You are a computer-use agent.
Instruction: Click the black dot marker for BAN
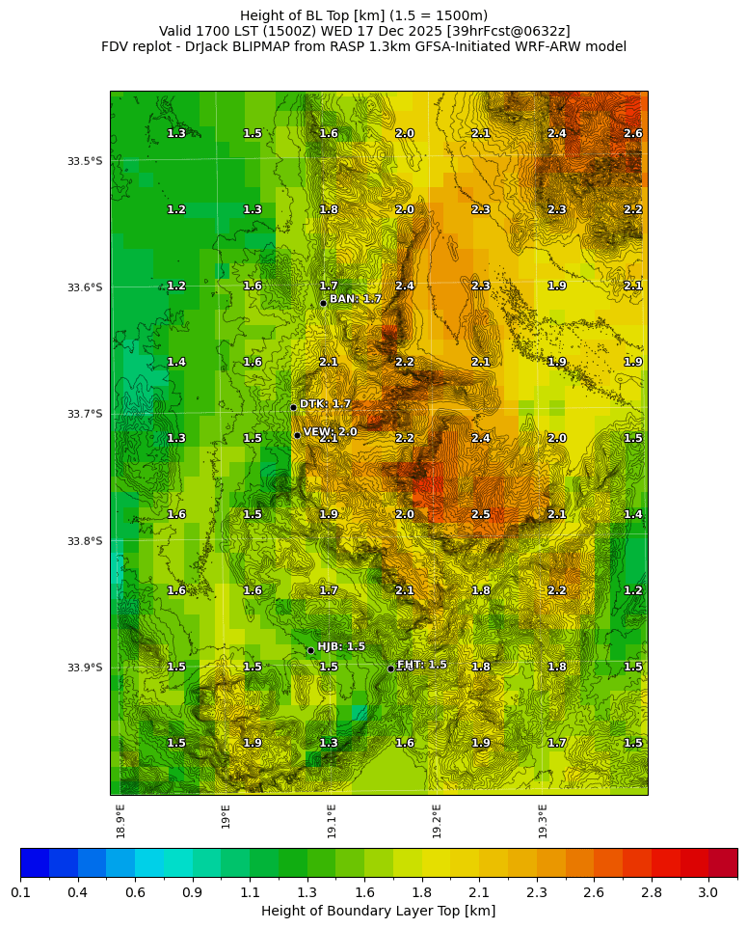323,303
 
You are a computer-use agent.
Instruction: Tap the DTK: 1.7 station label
325,404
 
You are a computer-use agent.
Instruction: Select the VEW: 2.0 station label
330,432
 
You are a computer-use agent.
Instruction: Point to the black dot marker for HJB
310,650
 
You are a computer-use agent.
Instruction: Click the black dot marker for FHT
390,669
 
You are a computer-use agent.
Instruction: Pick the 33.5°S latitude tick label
85,161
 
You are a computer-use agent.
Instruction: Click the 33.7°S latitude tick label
85,414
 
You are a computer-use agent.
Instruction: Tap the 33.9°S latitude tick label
85,668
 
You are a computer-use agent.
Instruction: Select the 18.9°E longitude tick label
121,820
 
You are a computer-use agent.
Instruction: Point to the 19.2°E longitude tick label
437,820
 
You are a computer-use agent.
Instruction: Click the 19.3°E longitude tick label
543,820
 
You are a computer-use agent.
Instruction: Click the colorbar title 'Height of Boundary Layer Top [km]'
378,911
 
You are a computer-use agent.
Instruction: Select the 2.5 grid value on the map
480,515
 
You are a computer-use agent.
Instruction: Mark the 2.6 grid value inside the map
632,134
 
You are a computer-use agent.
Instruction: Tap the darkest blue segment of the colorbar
35,862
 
